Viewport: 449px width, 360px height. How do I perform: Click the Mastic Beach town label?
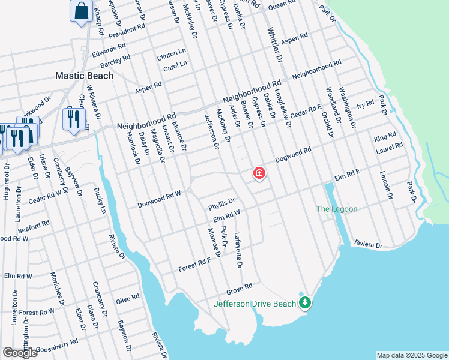tap(85, 76)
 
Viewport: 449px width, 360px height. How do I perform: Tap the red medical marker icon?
tap(259, 174)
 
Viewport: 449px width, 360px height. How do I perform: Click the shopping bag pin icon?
tap(80, 11)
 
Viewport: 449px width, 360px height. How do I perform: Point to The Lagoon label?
tap(337, 209)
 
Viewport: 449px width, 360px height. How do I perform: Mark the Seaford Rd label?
tap(34, 226)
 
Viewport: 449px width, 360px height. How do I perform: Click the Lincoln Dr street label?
tap(385, 185)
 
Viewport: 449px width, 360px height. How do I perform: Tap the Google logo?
tap(20, 352)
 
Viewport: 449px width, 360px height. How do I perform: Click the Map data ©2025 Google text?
tap(411, 355)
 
